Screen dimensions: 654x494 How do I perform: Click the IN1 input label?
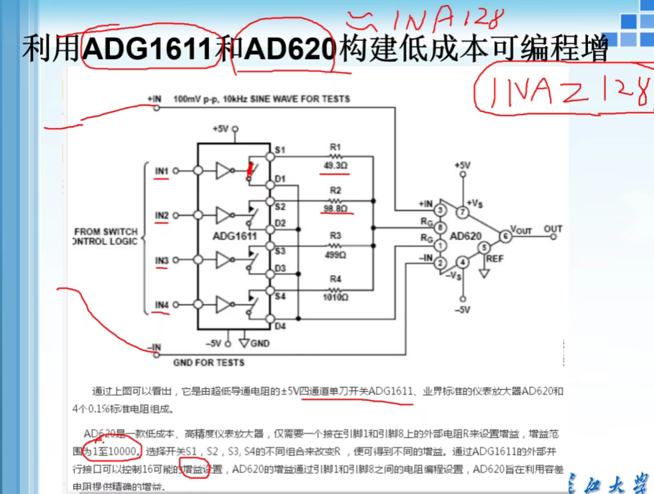tap(162, 171)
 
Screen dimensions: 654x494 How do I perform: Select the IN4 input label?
tap(162, 305)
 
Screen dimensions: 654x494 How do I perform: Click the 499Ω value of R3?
tap(335, 254)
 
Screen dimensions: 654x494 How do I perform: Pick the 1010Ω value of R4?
tap(335, 297)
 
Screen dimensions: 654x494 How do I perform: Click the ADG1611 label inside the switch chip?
tap(234, 235)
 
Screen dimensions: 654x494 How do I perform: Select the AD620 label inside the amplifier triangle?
tap(465, 236)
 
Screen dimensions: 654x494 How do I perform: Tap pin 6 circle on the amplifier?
tap(505, 235)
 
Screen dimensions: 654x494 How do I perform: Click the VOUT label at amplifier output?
tap(521, 230)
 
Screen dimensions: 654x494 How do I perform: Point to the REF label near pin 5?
tap(495, 257)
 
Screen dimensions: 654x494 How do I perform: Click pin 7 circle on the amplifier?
tap(464, 212)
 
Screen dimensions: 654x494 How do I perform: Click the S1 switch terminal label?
tap(281, 150)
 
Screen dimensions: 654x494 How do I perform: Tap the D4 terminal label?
tap(280, 326)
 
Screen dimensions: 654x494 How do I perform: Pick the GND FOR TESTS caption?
tap(208, 362)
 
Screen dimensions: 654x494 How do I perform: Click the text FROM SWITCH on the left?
tap(106, 232)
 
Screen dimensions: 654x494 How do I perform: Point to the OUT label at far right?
tap(553, 229)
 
